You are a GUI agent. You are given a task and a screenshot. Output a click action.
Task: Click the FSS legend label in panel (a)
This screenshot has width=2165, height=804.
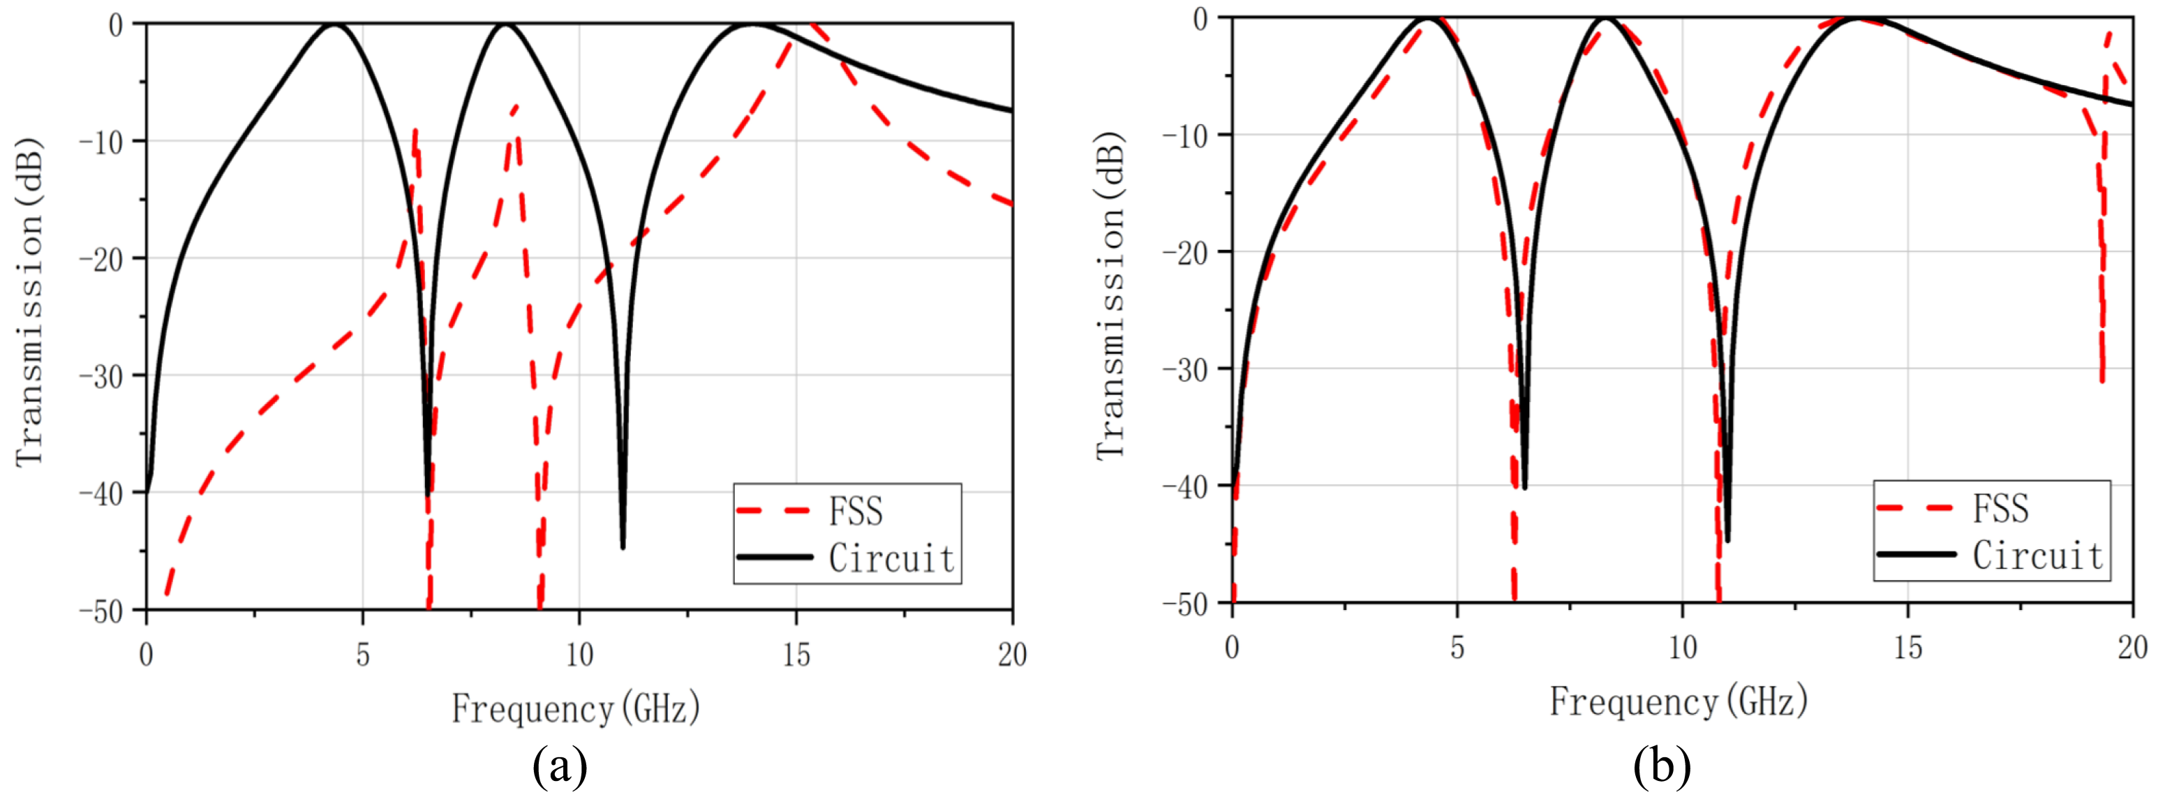click(x=856, y=511)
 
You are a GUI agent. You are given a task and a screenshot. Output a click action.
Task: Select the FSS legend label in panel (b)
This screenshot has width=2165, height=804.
click(x=2000, y=508)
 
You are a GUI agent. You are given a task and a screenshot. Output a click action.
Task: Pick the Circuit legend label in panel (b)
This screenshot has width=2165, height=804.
click(x=2037, y=556)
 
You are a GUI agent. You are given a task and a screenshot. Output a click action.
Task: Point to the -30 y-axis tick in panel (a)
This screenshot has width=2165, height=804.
click(x=103, y=376)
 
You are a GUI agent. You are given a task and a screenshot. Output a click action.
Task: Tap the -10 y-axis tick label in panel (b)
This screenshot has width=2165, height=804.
click(x=1185, y=135)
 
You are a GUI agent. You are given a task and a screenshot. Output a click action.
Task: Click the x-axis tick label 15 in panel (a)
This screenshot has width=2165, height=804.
click(x=796, y=655)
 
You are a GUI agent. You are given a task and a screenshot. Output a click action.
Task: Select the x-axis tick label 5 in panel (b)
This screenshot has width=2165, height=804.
click(x=1457, y=648)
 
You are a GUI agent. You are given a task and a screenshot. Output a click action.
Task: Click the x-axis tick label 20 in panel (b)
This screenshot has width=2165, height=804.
click(x=2131, y=648)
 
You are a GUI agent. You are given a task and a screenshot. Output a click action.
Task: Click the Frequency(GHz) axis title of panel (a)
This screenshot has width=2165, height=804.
click(x=576, y=708)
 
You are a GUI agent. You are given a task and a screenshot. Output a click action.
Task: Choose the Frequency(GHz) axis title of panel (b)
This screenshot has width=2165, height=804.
click(x=1679, y=701)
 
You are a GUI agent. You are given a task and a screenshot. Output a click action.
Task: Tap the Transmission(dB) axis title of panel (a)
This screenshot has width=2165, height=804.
click(x=30, y=302)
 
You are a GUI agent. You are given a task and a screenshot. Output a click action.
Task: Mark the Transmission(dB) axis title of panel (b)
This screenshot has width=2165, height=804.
click(x=1110, y=296)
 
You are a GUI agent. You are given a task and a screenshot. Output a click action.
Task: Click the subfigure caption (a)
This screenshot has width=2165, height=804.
click(x=560, y=766)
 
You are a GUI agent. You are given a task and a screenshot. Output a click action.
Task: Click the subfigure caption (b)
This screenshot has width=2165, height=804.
click(x=1662, y=766)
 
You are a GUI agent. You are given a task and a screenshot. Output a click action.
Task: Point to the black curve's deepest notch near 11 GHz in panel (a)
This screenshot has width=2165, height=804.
click(x=623, y=546)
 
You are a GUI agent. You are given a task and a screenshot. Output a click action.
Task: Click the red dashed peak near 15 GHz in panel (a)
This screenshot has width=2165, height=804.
click(x=812, y=25)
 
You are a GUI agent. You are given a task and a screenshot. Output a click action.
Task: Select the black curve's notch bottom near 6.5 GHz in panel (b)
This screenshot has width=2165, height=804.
click(x=1524, y=486)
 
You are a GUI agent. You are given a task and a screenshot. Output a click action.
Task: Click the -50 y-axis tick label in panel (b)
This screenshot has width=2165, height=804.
click(x=1185, y=604)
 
